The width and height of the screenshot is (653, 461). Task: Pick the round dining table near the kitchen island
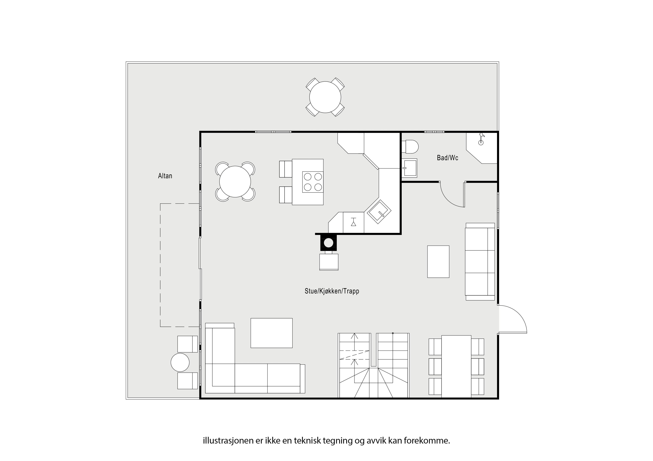tap(235, 182)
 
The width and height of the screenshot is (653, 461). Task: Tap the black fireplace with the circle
tap(329, 243)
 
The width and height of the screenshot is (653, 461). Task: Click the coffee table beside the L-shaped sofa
tap(271, 333)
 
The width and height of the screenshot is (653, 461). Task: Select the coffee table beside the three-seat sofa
tap(438, 262)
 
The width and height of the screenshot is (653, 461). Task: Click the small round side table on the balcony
tap(180, 362)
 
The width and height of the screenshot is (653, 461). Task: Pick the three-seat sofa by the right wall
tap(480, 262)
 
